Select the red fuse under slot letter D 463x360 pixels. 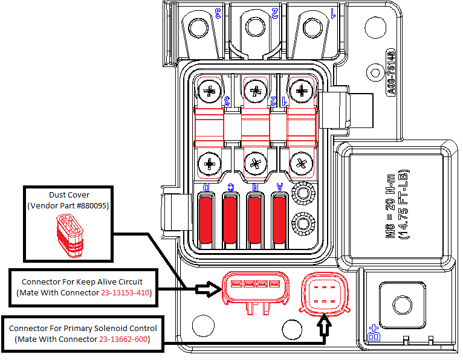coord(206,216)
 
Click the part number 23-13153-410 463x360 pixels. coord(125,293)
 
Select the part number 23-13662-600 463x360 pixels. coord(125,339)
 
